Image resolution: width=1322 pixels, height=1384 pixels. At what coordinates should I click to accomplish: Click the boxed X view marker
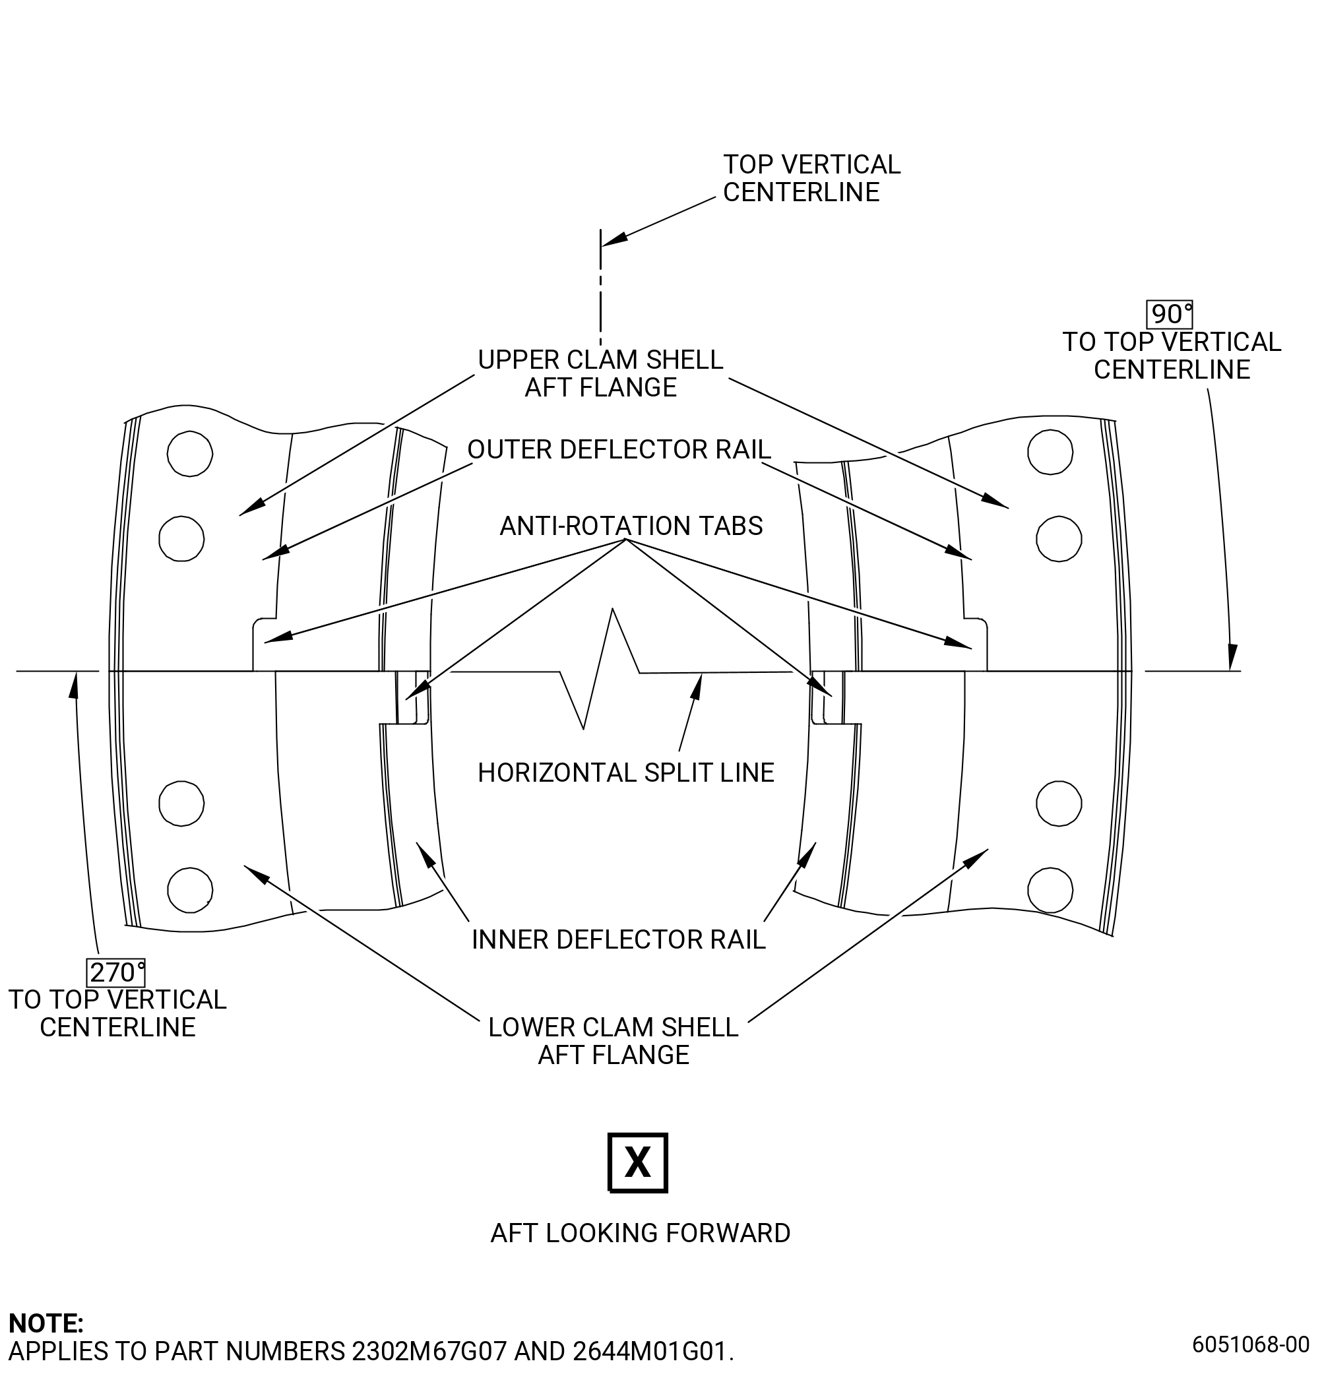(x=637, y=1162)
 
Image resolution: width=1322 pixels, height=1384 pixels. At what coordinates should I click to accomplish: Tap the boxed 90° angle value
(x=1169, y=313)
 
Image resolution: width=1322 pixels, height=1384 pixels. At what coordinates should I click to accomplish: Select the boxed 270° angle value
(x=116, y=972)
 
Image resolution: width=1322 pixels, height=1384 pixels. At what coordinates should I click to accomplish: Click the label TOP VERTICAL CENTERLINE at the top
(x=812, y=178)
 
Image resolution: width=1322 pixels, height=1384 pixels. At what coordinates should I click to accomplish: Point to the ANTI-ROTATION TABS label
(x=631, y=526)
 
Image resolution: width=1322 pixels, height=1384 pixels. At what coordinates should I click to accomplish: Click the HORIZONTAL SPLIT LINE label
(x=626, y=772)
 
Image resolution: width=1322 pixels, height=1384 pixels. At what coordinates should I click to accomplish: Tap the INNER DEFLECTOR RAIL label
(x=618, y=939)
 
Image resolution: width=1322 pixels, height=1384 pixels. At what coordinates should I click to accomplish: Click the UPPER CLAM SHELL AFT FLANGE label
(x=600, y=373)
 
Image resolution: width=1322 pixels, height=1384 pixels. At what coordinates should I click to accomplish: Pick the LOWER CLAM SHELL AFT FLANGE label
(x=613, y=1041)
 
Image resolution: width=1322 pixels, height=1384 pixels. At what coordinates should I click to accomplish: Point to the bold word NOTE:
(x=46, y=1323)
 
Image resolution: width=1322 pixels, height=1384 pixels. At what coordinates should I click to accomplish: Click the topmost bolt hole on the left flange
(x=189, y=453)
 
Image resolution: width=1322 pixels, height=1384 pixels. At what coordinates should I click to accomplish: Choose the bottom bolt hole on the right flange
(x=1050, y=890)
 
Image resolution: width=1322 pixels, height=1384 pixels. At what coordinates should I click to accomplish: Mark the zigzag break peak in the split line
(x=612, y=609)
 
